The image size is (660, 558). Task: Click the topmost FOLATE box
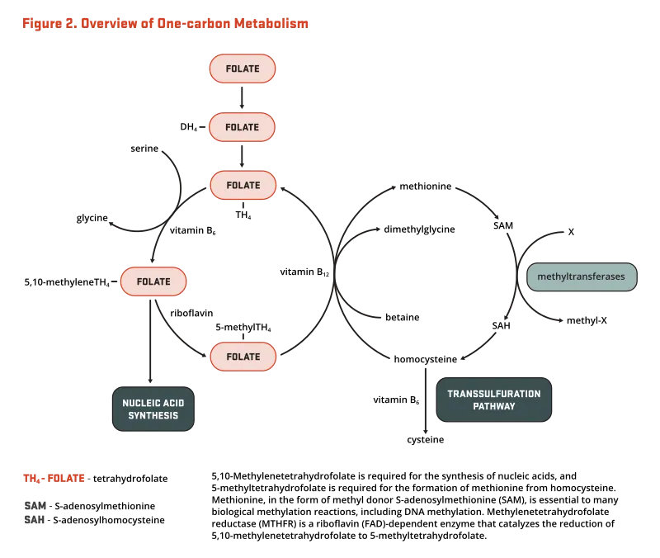coord(242,69)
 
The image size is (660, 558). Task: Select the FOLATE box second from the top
coord(242,127)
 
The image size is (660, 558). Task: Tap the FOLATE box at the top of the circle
coord(243,185)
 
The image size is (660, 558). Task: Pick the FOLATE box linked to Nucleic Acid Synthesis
coord(153,281)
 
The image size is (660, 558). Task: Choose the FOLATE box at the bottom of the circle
coord(243,357)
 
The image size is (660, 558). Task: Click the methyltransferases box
coord(582,277)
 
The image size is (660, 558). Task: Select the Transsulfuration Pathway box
coord(493,400)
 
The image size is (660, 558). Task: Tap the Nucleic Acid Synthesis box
coord(153,409)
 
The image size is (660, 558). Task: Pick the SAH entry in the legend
coord(34,519)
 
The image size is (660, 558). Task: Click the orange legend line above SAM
coord(54,478)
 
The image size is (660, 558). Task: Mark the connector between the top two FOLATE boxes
coord(241,98)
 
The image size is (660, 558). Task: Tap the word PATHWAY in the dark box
coord(493,406)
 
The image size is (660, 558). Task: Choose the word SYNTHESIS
coord(153,415)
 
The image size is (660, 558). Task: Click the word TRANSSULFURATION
coord(493,394)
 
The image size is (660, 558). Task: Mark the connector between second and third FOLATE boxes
coord(241,156)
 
